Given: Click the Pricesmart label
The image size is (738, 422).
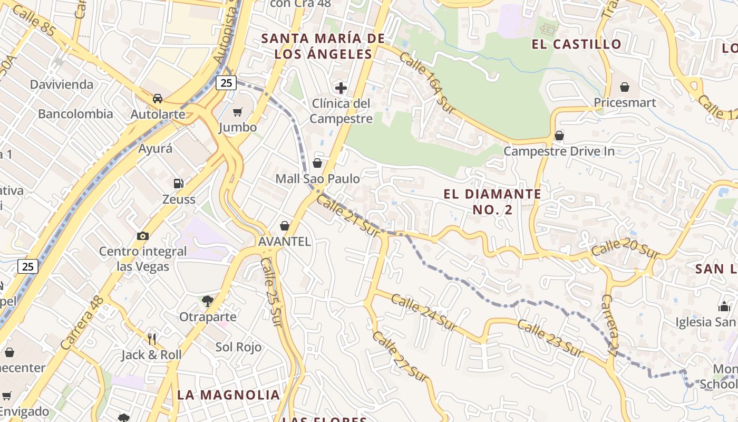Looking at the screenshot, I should click(x=625, y=102).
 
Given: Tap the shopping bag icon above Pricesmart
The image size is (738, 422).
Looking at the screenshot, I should click(x=625, y=87).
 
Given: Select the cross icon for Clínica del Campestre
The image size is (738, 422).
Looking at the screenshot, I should click(x=341, y=88).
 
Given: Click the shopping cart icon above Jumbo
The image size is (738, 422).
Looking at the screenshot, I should click(x=238, y=111).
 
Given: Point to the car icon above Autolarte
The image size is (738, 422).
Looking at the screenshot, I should click(x=157, y=98).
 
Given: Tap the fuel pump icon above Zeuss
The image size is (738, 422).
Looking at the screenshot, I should click(x=179, y=184).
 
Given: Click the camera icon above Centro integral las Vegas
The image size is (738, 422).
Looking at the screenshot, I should click(x=142, y=236).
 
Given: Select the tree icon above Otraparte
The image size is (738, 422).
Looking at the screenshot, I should click(x=208, y=301).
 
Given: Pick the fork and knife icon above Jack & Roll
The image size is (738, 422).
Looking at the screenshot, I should click(x=152, y=339).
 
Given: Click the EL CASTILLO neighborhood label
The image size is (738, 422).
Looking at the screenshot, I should click(x=577, y=44).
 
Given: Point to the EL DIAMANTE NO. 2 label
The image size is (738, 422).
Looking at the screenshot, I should click(x=492, y=202).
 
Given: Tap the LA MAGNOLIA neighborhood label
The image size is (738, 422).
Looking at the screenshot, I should click(x=228, y=395).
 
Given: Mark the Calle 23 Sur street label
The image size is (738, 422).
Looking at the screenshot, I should click(x=550, y=338).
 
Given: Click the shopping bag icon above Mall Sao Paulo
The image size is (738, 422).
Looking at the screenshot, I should click(x=317, y=163).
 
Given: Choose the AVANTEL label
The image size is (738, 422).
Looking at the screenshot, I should click(x=285, y=242).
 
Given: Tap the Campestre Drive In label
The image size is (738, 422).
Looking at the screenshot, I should click(x=559, y=151).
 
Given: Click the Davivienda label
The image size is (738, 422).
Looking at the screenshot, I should click(x=61, y=84).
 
